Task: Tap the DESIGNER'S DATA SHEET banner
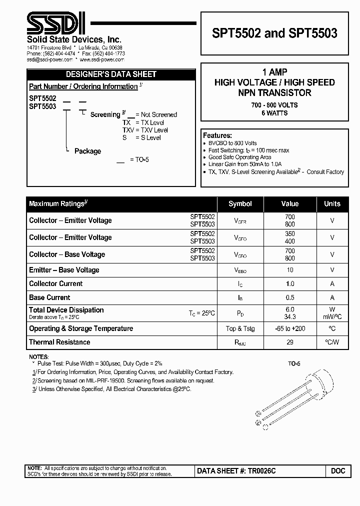click(112, 74)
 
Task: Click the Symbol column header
click(240, 203)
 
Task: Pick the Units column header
click(332, 203)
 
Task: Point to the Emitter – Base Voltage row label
click(64, 270)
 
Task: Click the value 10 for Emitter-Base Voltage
click(290, 270)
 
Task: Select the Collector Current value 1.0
click(290, 283)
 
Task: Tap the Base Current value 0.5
click(290, 297)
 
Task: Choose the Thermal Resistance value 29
click(290, 342)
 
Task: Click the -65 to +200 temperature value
click(290, 328)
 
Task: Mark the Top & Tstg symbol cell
click(240, 328)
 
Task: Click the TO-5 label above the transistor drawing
click(294, 364)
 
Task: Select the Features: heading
click(217, 135)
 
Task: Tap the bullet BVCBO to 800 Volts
click(233, 143)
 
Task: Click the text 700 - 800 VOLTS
click(274, 105)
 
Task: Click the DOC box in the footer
click(338, 471)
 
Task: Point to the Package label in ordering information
click(87, 151)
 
